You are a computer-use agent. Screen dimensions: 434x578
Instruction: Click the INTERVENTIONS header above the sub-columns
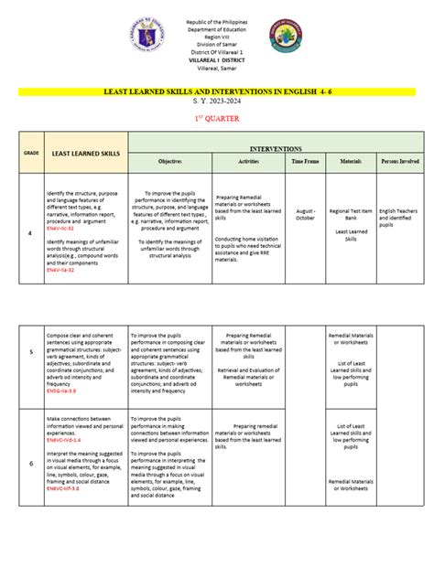click(x=276, y=147)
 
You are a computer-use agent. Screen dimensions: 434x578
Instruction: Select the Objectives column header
click(x=170, y=160)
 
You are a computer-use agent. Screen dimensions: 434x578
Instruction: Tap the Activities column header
click(x=249, y=160)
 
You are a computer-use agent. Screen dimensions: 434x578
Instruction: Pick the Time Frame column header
click(x=306, y=160)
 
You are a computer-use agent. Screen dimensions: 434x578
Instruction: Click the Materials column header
click(x=352, y=160)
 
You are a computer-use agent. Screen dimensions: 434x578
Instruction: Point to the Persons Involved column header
click(x=400, y=160)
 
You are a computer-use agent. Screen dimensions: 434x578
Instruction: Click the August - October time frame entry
click(x=306, y=214)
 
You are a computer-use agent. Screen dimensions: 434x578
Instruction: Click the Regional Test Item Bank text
click(x=352, y=215)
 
